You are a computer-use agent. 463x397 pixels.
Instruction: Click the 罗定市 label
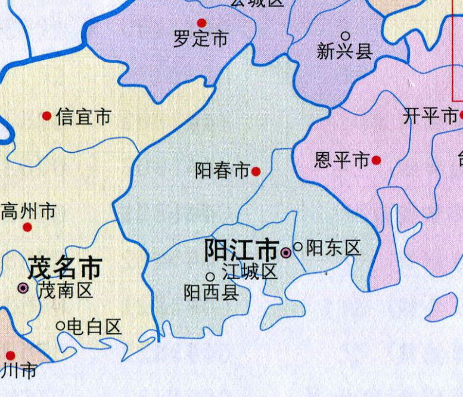click(x=201, y=39)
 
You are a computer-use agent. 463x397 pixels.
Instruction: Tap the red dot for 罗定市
click(x=201, y=23)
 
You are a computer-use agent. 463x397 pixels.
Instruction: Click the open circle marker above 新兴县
click(x=345, y=36)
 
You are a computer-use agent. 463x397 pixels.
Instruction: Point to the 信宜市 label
click(x=83, y=116)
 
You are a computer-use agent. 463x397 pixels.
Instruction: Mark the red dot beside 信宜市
click(x=47, y=116)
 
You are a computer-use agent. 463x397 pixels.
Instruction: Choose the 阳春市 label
click(x=222, y=172)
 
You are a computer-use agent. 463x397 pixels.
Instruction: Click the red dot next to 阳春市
click(x=256, y=172)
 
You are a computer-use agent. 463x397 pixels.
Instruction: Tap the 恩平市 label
click(x=342, y=160)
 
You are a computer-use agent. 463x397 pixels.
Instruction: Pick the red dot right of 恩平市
click(x=377, y=160)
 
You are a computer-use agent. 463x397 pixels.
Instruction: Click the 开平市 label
click(x=430, y=116)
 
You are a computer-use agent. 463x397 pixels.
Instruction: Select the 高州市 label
click(x=29, y=211)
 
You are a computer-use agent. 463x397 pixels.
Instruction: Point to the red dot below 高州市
click(x=27, y=227)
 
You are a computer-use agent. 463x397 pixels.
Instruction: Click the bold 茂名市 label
click(x=64, y=268)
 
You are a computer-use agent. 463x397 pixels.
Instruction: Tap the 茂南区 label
click(x=65, y=291)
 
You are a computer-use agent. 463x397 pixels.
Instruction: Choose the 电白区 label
click(x=94, y=326)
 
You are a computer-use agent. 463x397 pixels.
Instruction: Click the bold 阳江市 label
click(x=241, y=250)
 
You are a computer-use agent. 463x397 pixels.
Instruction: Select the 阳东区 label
click(x=334, y=248)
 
